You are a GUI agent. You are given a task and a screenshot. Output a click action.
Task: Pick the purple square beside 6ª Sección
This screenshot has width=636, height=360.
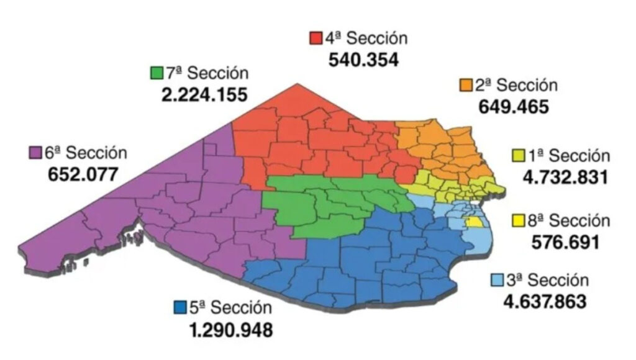click(x=36, y=153)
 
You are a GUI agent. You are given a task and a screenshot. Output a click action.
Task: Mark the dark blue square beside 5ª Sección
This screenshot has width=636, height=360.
click(x=181, y=307)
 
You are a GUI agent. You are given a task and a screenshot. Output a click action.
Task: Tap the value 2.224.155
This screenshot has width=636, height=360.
click(x=204, y=95)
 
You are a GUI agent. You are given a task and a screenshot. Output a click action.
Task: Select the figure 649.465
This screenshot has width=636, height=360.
click(x=514, y=107)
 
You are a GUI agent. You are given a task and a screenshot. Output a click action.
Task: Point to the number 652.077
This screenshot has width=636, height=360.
click(x=83, y=174)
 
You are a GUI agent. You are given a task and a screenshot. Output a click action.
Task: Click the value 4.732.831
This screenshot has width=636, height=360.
click(x=565, y=178)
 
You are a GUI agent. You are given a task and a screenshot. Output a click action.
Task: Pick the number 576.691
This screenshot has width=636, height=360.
click(x=565, y=242)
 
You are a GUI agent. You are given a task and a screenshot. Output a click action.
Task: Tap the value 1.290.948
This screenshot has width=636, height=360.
click(x=229, y=330)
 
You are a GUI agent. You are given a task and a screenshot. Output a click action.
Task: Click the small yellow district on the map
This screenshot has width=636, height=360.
click(x=474, y=222)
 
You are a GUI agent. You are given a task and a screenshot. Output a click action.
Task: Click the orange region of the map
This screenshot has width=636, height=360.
click(x=447, y=149)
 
